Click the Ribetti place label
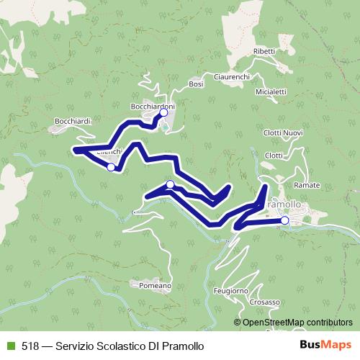tap(264, 52)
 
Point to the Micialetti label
tap(271, 91)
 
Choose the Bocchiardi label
tap(73, 121)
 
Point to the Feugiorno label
tap(231, 290)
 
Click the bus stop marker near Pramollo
tap(284, 220)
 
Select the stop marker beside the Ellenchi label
tap(111, 167)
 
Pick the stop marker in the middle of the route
tap(170, 185)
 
